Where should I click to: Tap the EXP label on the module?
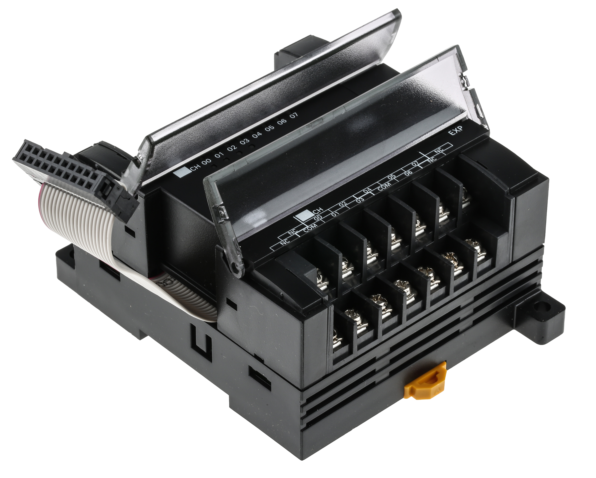(x=455, y=133)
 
